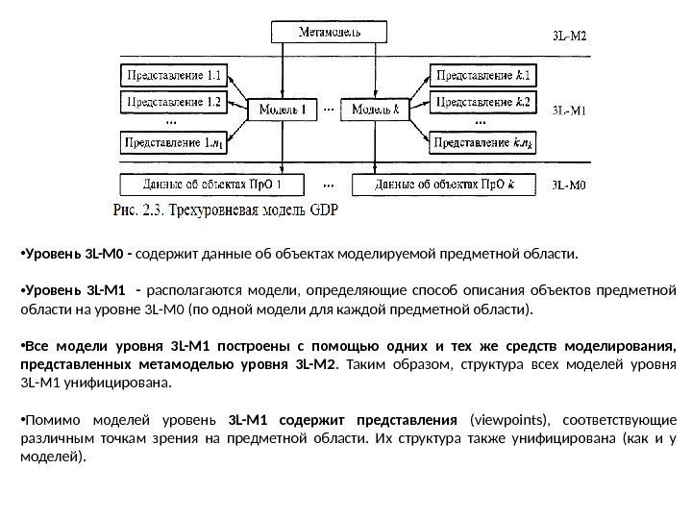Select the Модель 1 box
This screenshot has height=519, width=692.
(283, 110)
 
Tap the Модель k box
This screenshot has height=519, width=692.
(376, 110)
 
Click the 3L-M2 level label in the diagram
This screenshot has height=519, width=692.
(569, 37)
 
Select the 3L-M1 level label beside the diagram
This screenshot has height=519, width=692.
(569, 110)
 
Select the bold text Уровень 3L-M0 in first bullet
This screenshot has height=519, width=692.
(77, 256)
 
